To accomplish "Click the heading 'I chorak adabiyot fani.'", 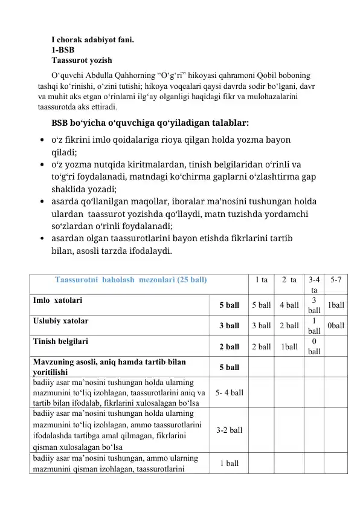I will coord(92,41).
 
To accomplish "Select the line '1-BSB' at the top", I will coord(63,50).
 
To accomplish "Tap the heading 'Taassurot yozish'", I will coord(82,60).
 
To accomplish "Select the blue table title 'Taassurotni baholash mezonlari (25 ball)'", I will coord(130,280).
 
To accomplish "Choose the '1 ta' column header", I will coord(262,280).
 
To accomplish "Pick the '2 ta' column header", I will coord(289,280).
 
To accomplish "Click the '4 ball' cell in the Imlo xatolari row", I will coord(289,305).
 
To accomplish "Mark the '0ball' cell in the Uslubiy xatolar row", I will coord(336,326).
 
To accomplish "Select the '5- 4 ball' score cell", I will coord(229,393).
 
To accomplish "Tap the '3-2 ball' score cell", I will coord(229,430).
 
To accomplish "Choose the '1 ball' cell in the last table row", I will coord(229,463).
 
